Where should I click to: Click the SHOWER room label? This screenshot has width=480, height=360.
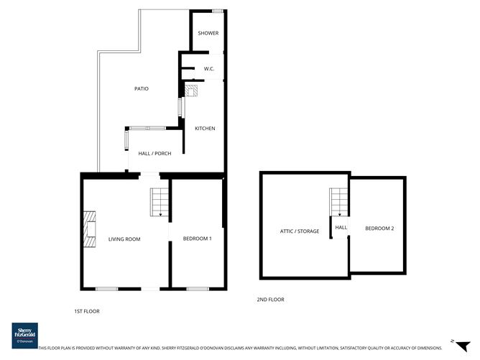208,33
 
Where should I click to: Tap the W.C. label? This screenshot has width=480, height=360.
210,69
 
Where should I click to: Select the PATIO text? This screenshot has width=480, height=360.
142,88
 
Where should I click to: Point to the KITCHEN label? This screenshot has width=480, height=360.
205,129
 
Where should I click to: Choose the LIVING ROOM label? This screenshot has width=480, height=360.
124,239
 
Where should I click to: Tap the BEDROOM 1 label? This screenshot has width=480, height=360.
197,239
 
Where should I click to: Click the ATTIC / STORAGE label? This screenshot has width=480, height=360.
300,231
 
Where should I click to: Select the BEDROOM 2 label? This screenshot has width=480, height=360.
379,228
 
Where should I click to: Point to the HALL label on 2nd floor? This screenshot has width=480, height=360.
341,228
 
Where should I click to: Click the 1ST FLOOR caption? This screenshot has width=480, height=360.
86,311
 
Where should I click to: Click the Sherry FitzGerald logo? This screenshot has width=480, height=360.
24,335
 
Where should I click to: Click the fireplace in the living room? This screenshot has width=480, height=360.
88,229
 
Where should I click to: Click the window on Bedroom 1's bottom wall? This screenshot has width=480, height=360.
197,288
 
